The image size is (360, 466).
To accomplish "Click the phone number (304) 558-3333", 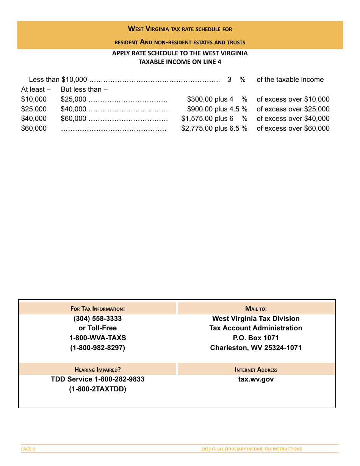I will click(97, 319).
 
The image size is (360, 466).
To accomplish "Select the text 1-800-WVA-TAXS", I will click(97, 338).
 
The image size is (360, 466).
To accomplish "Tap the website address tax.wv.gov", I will click(256, 379).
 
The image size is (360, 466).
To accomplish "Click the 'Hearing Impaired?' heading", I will click(97, 369).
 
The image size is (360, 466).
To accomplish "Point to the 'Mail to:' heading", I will click(256, 309).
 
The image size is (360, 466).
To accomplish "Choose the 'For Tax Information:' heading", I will click(97, 309).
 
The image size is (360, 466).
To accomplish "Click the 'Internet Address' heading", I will click(256, 369).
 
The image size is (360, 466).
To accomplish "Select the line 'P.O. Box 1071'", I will click(256, 338).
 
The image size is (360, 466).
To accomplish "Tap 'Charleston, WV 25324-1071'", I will click(256, 347).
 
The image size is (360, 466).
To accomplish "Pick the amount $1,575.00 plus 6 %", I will click(214, 119).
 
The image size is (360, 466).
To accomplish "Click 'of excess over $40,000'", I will click(293, 119).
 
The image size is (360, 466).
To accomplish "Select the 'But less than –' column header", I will click(84, 89).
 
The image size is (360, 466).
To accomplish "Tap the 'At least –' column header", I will click(36, 89).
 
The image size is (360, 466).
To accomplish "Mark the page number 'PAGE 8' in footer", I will click(28, 449).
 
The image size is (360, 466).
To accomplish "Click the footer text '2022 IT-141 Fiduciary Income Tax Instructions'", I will click(252, 449).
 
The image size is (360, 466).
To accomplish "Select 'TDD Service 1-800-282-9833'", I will click(97, 379).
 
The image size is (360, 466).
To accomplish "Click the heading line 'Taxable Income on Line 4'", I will click(180, 62).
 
